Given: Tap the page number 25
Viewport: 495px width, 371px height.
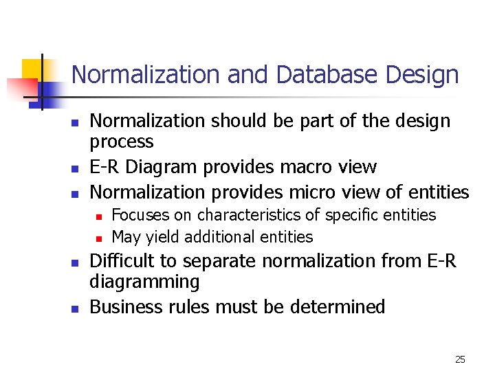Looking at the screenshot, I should (x=460, y=359).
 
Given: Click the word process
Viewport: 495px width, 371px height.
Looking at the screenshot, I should (x=122, y=142).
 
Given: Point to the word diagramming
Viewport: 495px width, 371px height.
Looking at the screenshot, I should (x=144, y=282).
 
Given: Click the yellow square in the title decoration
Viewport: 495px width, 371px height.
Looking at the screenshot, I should (x=32, y=69).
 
